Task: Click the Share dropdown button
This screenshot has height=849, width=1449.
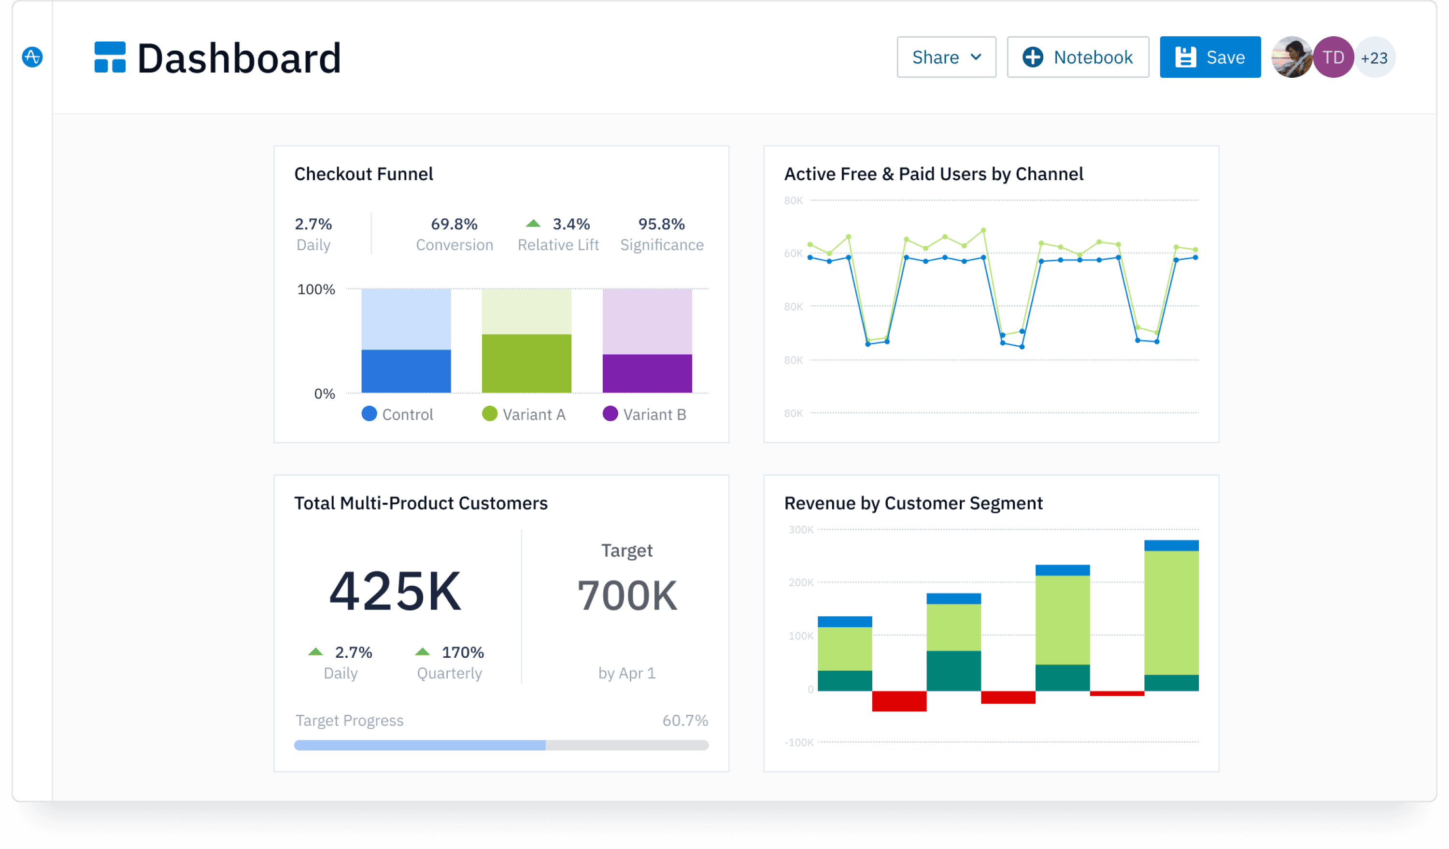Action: click(x=946, y=57)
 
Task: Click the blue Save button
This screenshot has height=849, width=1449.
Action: click(x=1210, y=57)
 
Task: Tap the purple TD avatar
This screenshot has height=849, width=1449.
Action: click(x=1333, y=57)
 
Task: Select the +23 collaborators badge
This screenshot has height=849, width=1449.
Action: click(x=1375, y=57)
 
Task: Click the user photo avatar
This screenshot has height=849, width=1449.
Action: click(x=1292, y=57)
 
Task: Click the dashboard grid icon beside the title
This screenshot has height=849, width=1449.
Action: click(x=110, y=57)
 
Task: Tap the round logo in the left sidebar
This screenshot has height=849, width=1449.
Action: click(x=32, y=57)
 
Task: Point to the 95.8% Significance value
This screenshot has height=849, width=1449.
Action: click(x=661, y=224)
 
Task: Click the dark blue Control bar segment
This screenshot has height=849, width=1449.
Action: click(x=406, y=371)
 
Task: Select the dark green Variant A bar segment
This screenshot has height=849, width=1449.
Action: click(x=526, y=363)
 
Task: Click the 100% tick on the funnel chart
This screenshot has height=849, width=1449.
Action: click(x=316, y=289)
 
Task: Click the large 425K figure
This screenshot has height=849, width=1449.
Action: click(x=395, y=591)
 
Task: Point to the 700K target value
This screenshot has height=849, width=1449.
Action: click(x=627, y=595)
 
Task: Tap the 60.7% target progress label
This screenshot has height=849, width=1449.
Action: click(x=684, y=720)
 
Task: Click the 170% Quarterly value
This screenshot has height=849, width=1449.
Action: click(x=462, y=652)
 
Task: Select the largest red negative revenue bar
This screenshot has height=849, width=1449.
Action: click(x=899, y=701)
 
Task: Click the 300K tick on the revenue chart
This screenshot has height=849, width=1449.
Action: click(x=800, y=529)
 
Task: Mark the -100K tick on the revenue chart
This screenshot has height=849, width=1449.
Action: click(x=799, y=742)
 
